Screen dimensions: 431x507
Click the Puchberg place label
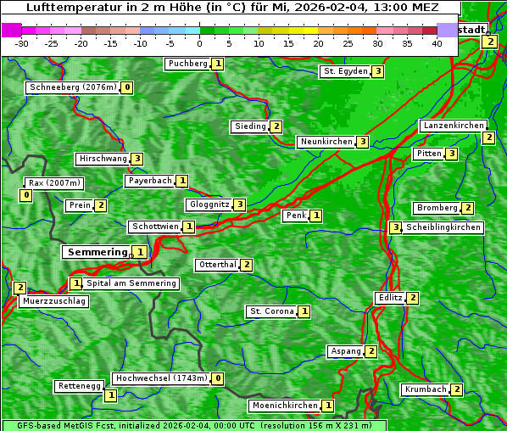click(187, 64)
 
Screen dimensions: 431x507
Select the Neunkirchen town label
click(326, 142)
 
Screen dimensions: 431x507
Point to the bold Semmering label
click(96, 252)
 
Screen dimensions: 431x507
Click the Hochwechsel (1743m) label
click(161, 378)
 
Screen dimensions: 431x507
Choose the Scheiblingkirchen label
click(443, 227)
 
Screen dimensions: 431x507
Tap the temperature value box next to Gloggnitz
click(240, 204)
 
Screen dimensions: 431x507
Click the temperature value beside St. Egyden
click(377, 71)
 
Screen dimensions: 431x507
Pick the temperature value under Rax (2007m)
click(26, 196)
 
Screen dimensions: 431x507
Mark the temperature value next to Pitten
click(452, 154)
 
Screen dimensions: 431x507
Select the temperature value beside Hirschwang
click(136, 159)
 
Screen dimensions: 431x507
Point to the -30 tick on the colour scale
click(22, 43)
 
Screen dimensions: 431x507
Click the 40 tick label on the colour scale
click(437, 43)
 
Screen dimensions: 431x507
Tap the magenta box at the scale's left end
click(11, 30)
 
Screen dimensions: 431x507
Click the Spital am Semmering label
click(131, 283)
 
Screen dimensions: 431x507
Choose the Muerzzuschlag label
click(53, 301)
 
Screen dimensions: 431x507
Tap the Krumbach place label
click(426, 389)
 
